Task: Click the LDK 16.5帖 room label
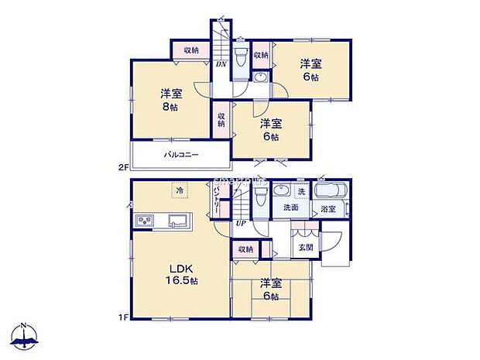point(183,274)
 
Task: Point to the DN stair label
point(221,65)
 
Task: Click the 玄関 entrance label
point(306,248)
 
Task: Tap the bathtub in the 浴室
point(332,191)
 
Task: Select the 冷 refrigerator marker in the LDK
point(178,188)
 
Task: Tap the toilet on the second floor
point(241,57)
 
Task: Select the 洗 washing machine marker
point(302,191)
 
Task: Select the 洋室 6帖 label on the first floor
point(270,288)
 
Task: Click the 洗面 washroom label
point(291,207)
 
